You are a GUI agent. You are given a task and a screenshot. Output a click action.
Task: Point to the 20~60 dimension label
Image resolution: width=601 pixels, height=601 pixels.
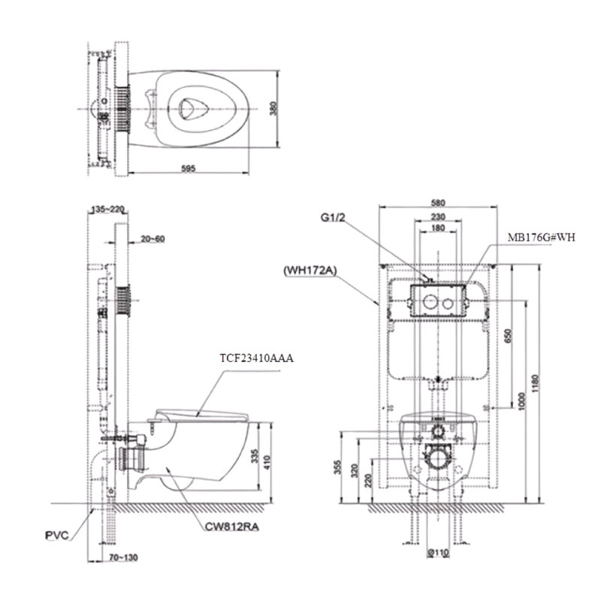153,238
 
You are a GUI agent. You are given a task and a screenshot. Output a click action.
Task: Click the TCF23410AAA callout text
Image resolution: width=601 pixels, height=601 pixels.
256,359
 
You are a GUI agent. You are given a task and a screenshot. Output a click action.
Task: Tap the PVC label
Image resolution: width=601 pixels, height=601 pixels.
56,535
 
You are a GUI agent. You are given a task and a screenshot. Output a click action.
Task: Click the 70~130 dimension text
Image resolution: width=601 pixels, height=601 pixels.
122,557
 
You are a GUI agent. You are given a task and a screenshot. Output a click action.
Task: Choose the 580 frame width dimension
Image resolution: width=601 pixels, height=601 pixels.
439,202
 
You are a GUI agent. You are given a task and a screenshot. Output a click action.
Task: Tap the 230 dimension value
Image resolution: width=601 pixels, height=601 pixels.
439,217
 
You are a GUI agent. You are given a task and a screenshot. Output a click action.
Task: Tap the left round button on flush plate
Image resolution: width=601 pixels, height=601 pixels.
428,304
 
